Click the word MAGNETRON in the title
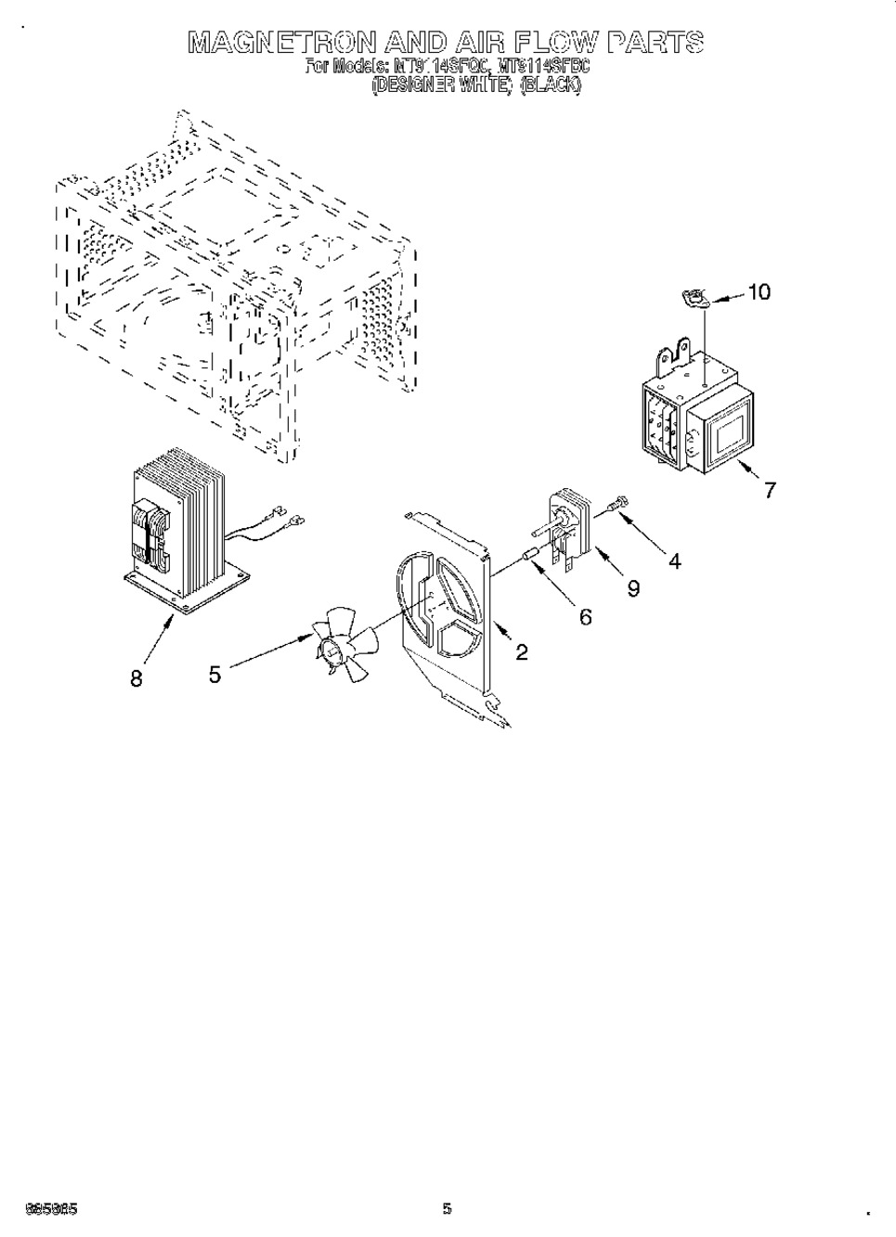click(281, 42)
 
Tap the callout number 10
click(759, 291)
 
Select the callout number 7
click(770, 490)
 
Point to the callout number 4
click(674, 561)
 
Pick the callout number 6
click(586, 616)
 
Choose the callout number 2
click(522, 652)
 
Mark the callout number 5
click(215, 675)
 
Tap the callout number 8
click(136, 678)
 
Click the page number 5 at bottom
click(447, 1208)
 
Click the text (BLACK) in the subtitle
click(551, 85)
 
